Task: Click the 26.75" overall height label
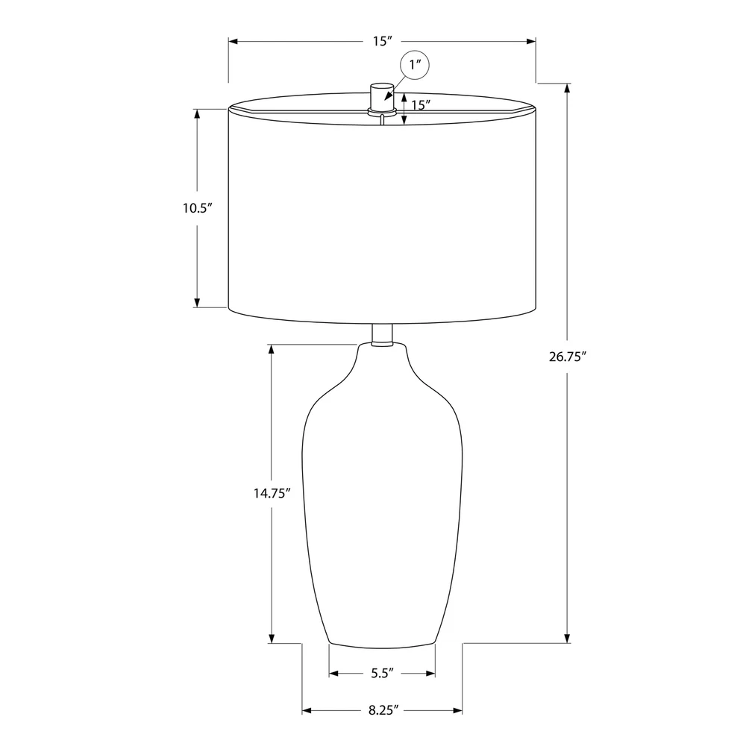click(x=567, y=357)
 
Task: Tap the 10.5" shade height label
click(x=197, y=208)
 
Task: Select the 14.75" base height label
click(x=272, y=493)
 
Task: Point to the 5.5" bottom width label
click(x=383, y=673)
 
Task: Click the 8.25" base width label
click(x=383, y=710)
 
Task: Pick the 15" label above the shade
click(x=382, y=41)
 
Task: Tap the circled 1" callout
click(x=415, y=65)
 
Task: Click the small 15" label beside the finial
click(x=421, y=104)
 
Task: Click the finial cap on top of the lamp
click(x=382, y=98)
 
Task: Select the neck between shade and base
click(x=382, y=334)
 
